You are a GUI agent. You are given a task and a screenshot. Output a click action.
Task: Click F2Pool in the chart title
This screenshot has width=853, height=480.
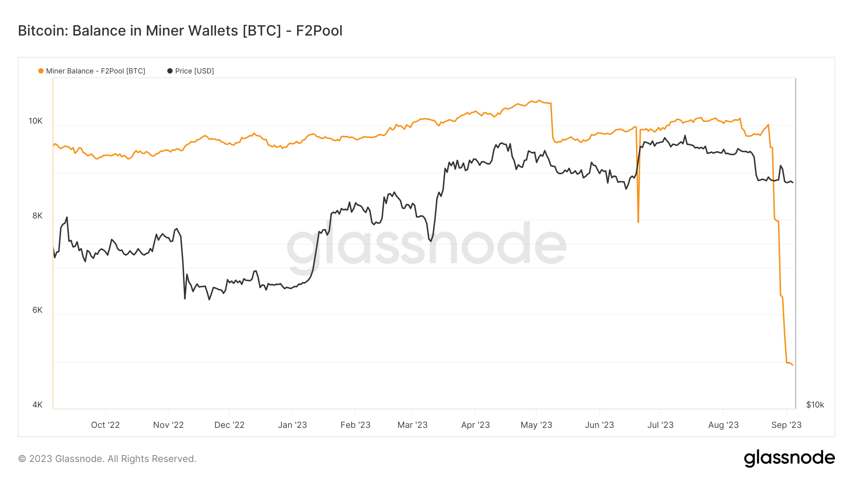coord(319,31)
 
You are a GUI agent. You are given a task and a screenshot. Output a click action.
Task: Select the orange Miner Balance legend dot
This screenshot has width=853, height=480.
coord(41,71)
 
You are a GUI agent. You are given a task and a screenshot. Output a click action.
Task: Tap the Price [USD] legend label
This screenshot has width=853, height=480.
coord(194,71)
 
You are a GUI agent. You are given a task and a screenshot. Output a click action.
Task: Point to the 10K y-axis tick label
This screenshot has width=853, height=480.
coord(36,121)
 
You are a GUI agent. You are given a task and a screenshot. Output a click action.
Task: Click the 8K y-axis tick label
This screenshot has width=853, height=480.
coord(37,216)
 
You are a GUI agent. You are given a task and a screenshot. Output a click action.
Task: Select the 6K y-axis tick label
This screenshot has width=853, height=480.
coord(37,310)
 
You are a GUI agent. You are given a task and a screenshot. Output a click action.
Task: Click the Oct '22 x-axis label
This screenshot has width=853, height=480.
coord(105,425)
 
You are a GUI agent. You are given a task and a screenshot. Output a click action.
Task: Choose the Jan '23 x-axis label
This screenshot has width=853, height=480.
coord(292,425)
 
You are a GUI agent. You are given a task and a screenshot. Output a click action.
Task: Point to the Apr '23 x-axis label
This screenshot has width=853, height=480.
coord(475,425)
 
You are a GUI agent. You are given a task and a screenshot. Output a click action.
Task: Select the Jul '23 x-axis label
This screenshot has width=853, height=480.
coord(660,425)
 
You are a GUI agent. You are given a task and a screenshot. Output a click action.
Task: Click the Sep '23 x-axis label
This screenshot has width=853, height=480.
coord(786,425)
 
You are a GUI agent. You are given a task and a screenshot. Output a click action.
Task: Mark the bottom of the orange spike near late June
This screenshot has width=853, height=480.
coord(638,221)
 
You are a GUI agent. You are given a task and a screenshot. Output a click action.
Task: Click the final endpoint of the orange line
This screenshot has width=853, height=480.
coord(792,364)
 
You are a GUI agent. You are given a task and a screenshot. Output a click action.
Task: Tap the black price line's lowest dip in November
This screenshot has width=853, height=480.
coord(185,298)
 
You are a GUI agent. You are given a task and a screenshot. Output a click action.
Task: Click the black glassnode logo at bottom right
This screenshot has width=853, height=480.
coord(789,458)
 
